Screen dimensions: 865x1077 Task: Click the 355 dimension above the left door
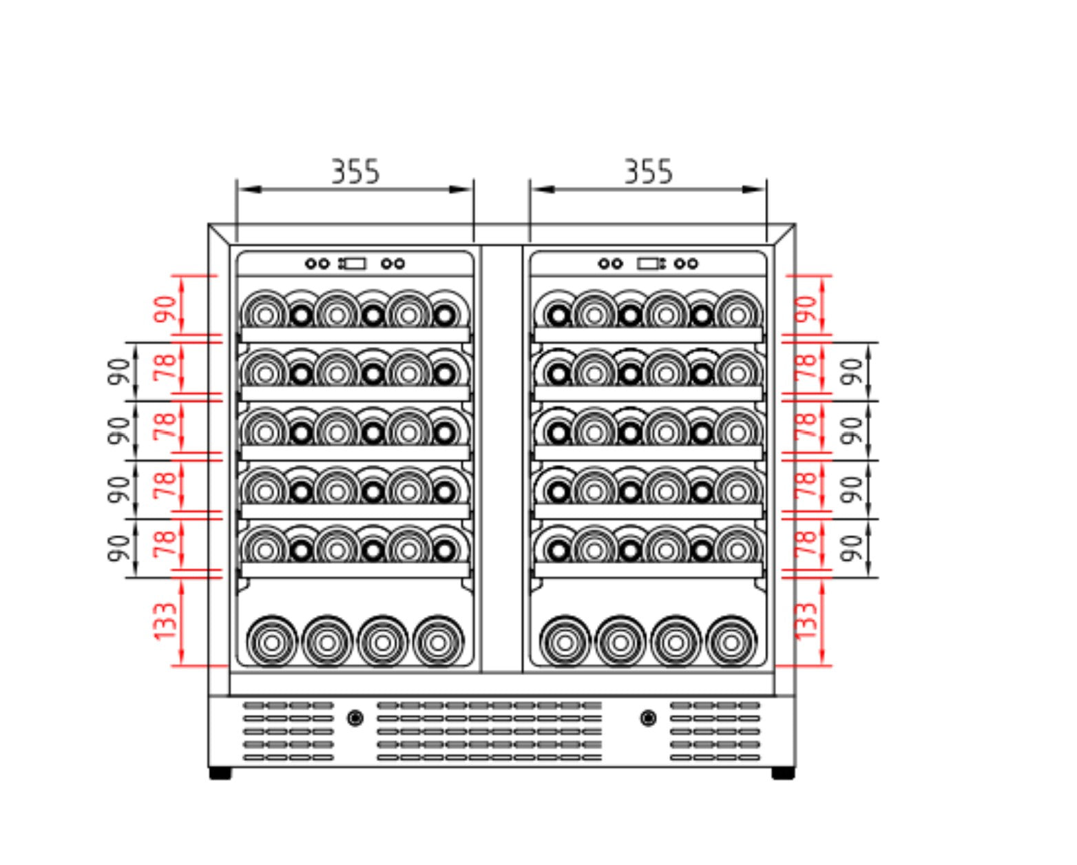pyautogui.click(x=355, y=171)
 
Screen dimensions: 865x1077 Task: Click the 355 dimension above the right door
pyautogui.click(x=648, y=171)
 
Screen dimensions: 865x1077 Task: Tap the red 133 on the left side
pyautogui.click(x=166, y=621)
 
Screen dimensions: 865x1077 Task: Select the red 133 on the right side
pyautogui.click(x=805, y=621)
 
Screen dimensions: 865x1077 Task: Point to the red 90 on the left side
pyautogui.click(x=166, y=309)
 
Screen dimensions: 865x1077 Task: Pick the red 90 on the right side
pyautogui.click(x=805, y=309)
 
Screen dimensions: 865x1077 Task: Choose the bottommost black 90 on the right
pyautogui.click(x=853, y=548)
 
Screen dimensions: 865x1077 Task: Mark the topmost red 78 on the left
pyautogui.click(x=166, y=368)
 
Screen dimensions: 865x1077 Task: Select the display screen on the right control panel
pyautogui.click(x=649, y=263)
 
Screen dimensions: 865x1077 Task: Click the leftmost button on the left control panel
pyautogui.click(x=311, y=263)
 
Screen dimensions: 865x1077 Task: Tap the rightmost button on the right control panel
pyautogui.click(x=693, y=263)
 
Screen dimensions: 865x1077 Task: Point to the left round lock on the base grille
pyautogui.click(x=355, y=718)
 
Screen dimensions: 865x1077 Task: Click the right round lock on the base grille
pyautogui.click(x=647, y=718)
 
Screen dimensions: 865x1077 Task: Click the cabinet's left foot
pyautogui.click(x=220, y=773)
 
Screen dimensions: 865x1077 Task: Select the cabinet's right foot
pyautogui.click(x=783, y=773)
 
